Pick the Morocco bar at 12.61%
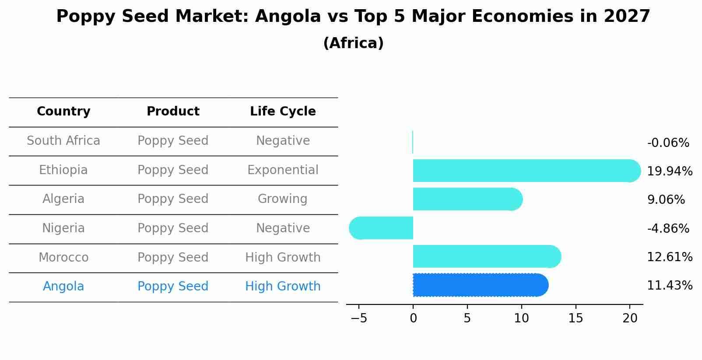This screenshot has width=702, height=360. [x=486, y=256]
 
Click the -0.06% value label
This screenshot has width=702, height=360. [x=668, y=143]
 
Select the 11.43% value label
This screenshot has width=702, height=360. [x=670, y=286]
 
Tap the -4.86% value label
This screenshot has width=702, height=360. [x=668, y=228]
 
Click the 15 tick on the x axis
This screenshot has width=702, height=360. [x=576, y=318]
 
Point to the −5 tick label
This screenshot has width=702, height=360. [x=359, y=318]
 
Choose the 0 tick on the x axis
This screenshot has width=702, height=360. [x=413, y=318]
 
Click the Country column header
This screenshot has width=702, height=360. [x=63, y=112]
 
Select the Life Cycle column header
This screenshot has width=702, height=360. [x=283, y=112]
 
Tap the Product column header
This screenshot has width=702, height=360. [x=173, y=112]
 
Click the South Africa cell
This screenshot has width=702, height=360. [x=63, y=141]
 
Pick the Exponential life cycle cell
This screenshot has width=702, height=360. [x=283, y=170]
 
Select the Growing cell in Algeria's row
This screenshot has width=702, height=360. [x=283, y=199]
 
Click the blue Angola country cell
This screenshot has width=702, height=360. [x=63, y=287]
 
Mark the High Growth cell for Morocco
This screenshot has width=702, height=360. [x=283, y=258]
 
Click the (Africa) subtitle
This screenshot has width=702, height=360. [x=353, y=43]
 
